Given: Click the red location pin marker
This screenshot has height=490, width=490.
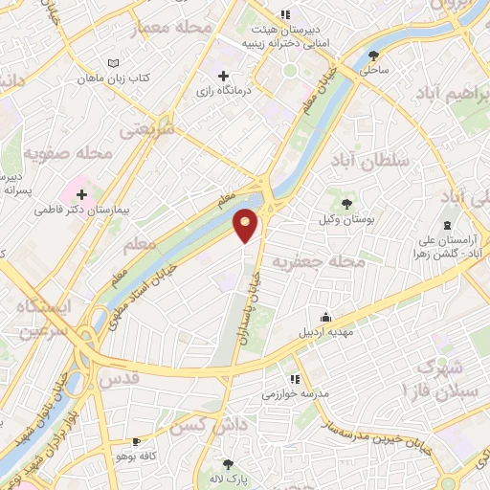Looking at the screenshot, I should point(247,225).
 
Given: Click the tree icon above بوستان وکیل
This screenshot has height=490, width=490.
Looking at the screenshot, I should point(345,203).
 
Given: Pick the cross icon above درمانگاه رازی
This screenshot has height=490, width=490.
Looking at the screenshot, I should point(224,76).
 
